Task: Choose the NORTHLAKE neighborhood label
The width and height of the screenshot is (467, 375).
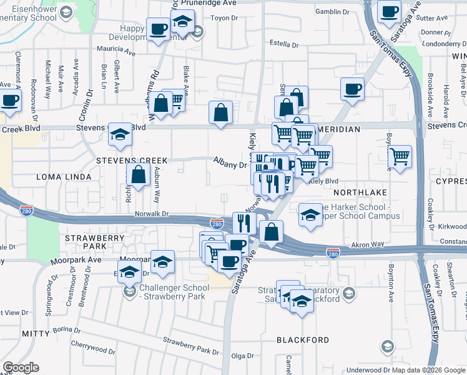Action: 360,192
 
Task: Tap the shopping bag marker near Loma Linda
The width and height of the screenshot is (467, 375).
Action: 139,175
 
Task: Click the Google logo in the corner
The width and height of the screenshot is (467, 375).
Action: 21,367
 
